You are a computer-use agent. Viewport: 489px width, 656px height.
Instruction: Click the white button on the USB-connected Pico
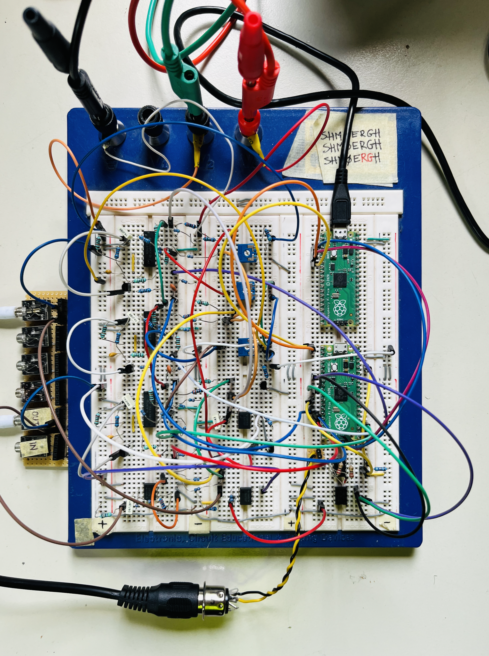[333, 253]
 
